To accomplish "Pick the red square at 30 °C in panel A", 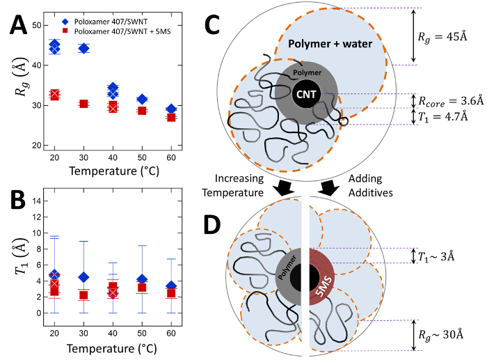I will pos(83,104).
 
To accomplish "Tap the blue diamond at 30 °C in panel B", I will pos(83,277).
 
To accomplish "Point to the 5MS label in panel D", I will pos(323,277).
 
